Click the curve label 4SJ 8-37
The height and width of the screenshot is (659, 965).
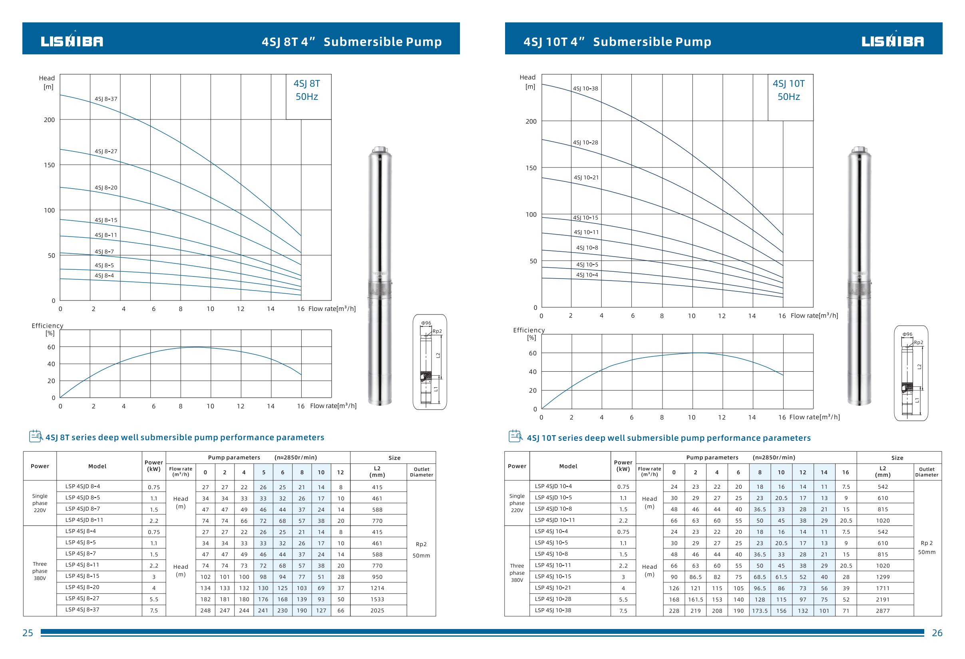pos(106,99)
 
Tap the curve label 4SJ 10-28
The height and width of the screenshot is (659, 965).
pos(585,142)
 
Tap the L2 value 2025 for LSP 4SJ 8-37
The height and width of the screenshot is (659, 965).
pos(377,610)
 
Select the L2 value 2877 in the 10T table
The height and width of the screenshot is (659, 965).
pos(883,611)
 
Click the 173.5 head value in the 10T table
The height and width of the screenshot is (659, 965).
pos(760,611)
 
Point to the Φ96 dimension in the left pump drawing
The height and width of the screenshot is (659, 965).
pos(426,323)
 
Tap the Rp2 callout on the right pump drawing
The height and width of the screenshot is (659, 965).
pos(919,342)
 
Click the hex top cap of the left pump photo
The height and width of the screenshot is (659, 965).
pos(380,149)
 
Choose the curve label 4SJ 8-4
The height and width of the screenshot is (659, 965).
pos(104,275)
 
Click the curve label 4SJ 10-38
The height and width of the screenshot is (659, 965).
pos(585,88)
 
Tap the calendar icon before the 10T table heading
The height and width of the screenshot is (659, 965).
pos(515,436)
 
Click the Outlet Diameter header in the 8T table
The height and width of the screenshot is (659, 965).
pos(422,472)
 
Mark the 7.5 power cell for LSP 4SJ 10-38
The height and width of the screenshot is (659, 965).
pos(623,611)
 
